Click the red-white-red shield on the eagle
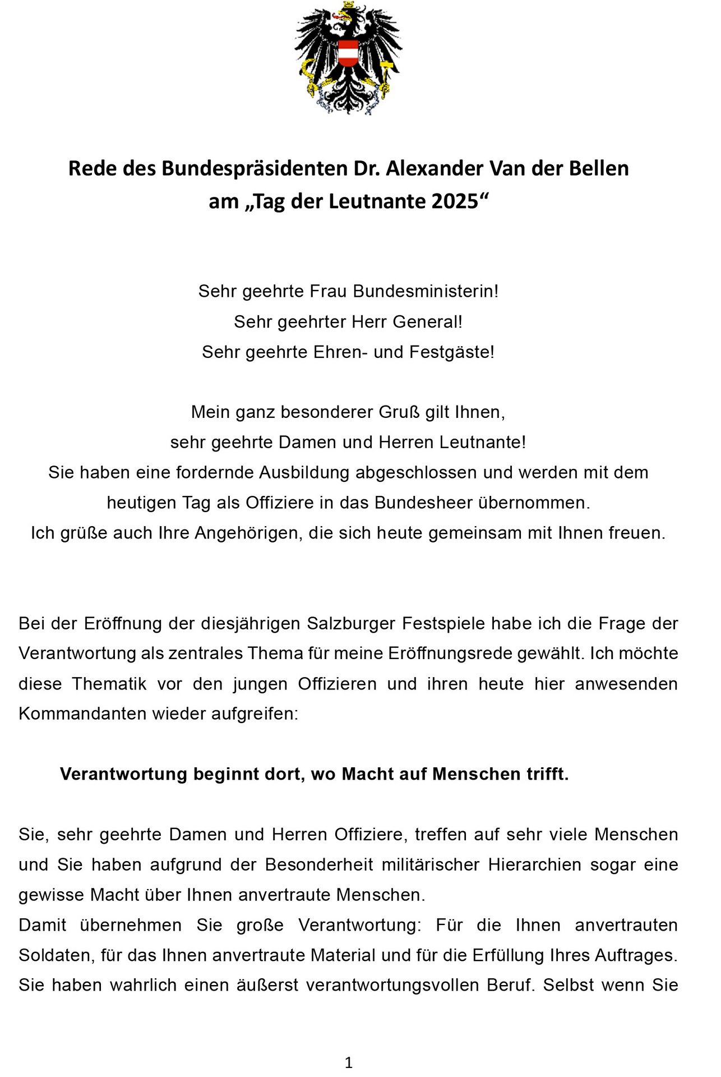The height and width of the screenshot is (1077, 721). [348, 53]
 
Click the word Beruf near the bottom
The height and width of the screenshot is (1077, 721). [509, 986]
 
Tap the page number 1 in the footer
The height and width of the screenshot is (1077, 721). [349, 1062]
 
